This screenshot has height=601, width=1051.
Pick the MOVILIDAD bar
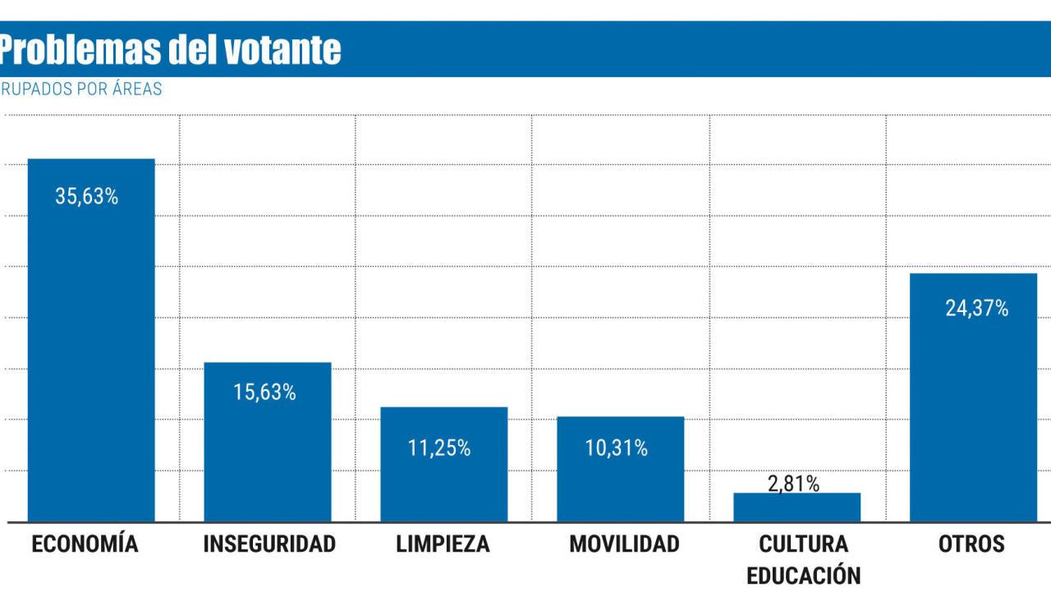(x=620, y=484)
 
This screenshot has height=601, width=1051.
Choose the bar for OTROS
(x=973, y=411)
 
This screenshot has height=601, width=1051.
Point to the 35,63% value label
(x=87, y=197)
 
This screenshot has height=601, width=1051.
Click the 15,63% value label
(x=264, y=393)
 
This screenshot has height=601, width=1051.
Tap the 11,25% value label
(x=439, y=449)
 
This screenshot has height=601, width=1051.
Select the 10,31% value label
(x=616, y=449)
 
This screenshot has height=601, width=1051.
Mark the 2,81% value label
(x=793, y=484)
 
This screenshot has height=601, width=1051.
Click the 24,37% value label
(x=976, y=310)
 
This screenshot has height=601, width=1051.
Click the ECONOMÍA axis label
(x=85, y=544)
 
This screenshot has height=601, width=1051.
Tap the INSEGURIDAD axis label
(x=269, y=544)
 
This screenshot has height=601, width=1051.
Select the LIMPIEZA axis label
(x=443, y=544)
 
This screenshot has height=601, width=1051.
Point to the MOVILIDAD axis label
(x=624, y=544)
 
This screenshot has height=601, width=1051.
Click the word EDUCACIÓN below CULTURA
(x=803, y=575)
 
